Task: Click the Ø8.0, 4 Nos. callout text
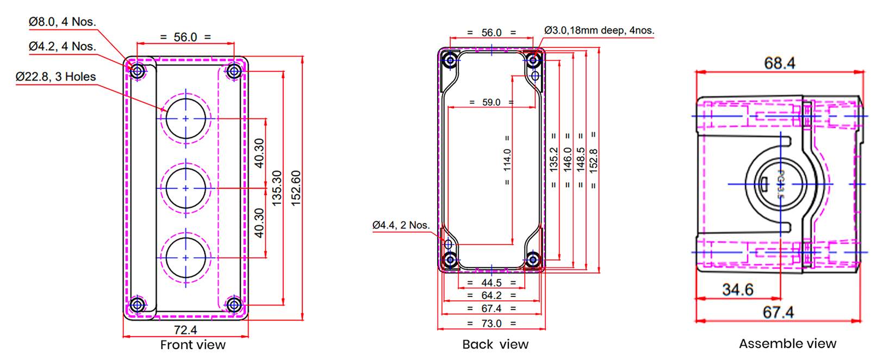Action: pos(62,22)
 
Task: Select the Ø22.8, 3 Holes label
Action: pos(55,77)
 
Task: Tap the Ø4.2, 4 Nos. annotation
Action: pos(62,47)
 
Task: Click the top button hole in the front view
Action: pos(186,118)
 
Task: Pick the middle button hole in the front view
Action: pos(186,188)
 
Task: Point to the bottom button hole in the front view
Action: pos(186,257)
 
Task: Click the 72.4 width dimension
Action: pos(185,330)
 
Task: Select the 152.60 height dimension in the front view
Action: pos(296,188)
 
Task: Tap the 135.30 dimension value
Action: pos(277,188)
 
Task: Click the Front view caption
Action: pos(192,345)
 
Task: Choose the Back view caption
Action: pos(495,344)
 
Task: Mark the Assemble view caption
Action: pos(787,344)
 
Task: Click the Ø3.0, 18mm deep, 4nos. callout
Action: pos(599,30)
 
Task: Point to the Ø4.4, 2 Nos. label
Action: pos(401,225)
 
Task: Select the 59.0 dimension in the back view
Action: pos(492,102)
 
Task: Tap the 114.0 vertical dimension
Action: pos(507,160)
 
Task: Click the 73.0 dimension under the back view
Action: pos(492,324)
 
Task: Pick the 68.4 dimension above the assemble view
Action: pos(779,64)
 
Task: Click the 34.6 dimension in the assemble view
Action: pos(737,290)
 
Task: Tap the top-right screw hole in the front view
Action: pos(234,71)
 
